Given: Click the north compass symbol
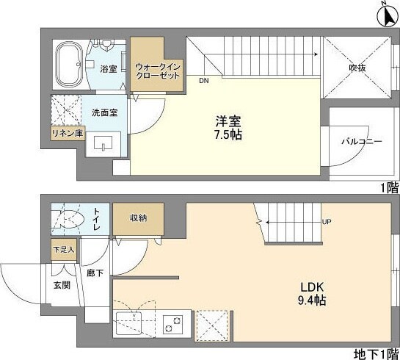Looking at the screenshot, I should pyautogui.click(x=388, y=12).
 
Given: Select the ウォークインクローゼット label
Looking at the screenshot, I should pyautogui.click(x=157, y=71).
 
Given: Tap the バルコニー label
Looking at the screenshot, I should pyautogui.click(x=361, y=141).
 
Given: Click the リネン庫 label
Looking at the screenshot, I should pyautogui.click(x=65, y=134).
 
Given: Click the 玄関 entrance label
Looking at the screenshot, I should pyautogui.click(x=61, y=284).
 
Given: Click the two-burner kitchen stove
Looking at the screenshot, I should pyautogui.click(x=172, y=323).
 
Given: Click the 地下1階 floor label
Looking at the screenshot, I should pyautogui.click(x=378, y=353).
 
